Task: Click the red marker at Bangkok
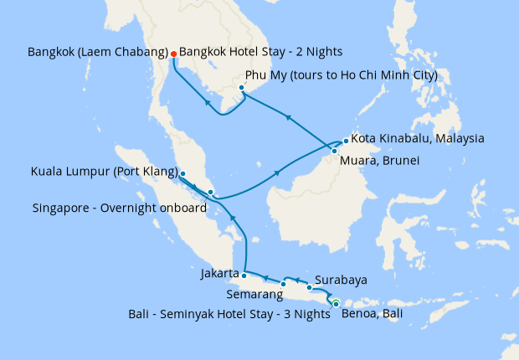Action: [x=173, y=54]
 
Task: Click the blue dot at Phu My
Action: [x=241, y=88]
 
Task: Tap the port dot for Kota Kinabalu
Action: [x=346, y=141]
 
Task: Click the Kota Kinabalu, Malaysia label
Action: [x=418, y=138]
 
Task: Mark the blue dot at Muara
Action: [x=335, y=152]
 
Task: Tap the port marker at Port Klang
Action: [x=182, y=174]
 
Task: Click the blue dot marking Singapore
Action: [x=210, y=193]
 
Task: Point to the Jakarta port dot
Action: [x=244, y=274]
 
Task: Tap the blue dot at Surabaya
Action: [x=309, y=288]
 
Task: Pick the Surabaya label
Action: [x=342, y=280]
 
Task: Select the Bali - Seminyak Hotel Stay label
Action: [x=229, y=315]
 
